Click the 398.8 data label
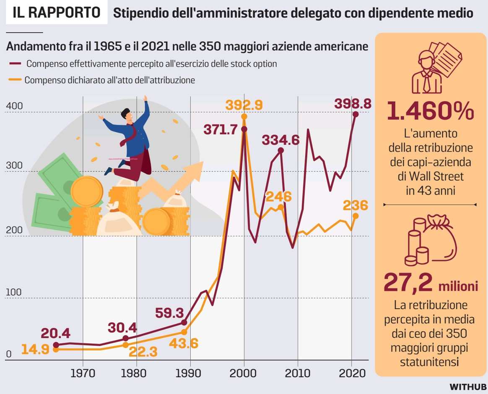coord(353,103)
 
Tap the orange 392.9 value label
coord(244,105)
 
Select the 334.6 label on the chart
coord(281,140)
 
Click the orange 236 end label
coord(355,205)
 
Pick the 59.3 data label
coord(169,313)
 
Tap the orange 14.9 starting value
coord(35,349)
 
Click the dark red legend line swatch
coord(15,64)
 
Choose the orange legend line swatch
coord(15,80)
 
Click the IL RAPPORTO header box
coord(56,13)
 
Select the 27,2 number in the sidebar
coord(408,283)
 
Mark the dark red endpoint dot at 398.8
coord(356,114)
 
